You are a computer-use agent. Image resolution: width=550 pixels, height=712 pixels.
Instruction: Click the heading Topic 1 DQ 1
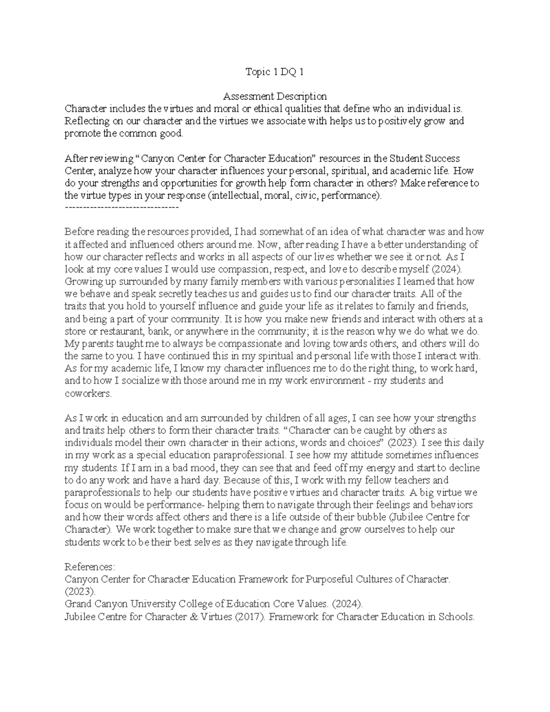[x=275, y=72]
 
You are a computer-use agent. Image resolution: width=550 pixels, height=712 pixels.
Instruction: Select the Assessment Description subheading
[x=275, y=97]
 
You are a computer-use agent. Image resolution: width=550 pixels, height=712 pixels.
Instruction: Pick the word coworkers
[x=87, y=393]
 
